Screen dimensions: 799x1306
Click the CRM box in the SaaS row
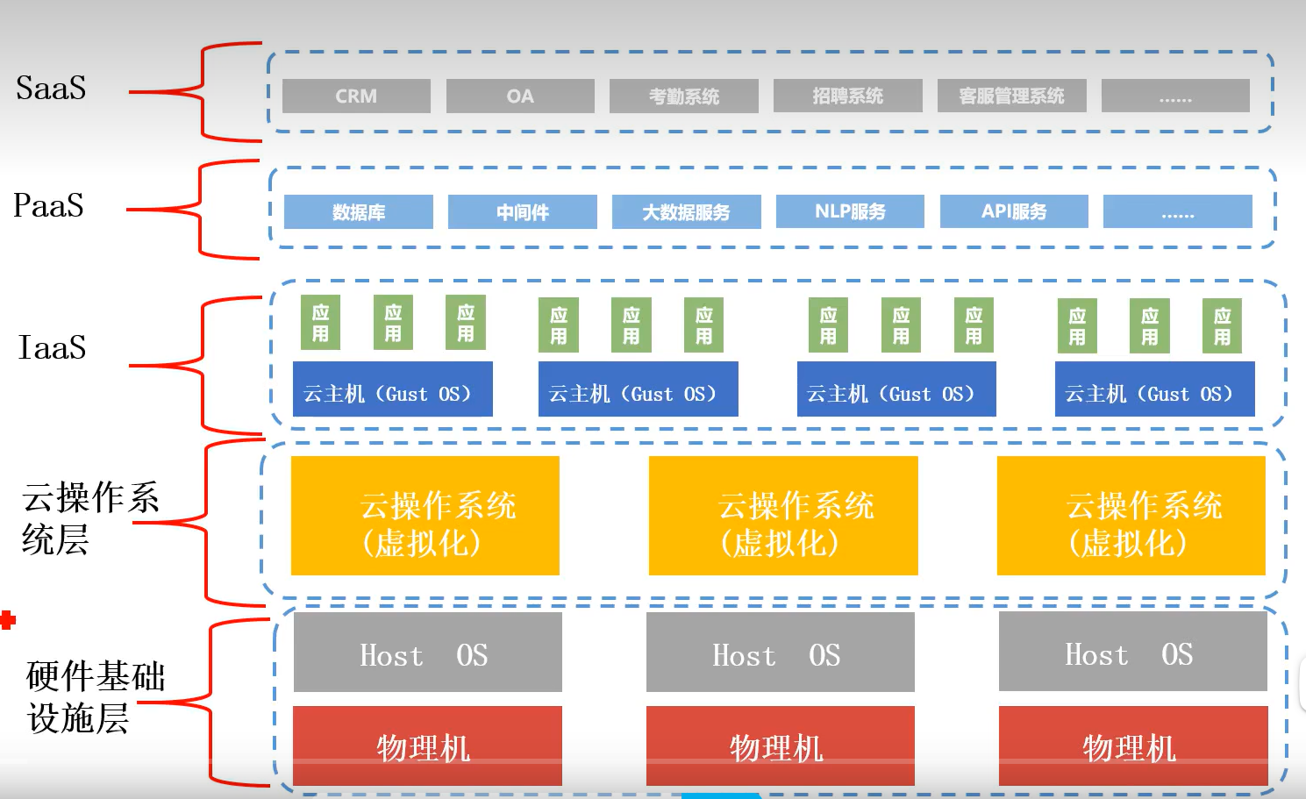(356, 96)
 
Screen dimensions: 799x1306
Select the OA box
(520, 96)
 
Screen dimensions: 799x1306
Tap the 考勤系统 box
(684, 96)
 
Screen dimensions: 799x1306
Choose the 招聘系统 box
(847, 96)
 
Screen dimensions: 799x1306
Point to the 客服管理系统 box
(1011, 96)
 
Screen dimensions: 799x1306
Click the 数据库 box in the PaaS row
(359, 212)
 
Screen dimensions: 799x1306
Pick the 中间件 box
(523, 212)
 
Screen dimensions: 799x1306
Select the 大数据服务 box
(686, 212)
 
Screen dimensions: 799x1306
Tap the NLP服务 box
(850, 211)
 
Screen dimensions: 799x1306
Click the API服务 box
(1014, 211)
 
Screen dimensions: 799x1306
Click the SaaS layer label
(51, 88)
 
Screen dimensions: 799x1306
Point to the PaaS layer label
(48, 205)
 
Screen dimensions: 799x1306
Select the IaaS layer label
(53, 347)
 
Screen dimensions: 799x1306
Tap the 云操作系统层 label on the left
(89, 517)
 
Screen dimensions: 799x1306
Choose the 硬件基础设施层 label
(95, 696)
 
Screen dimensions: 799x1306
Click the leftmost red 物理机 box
(427, 745)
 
